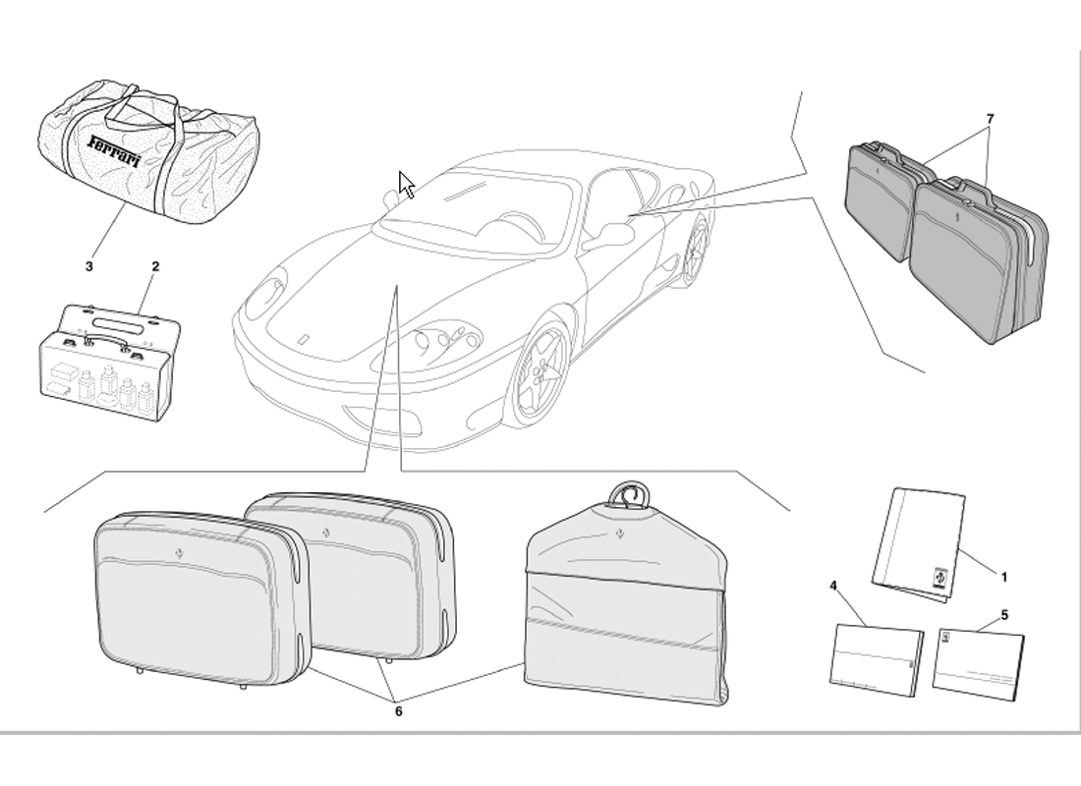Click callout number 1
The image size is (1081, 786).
point(1003,577)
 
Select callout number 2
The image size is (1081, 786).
point(155,266)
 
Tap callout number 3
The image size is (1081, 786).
point(88,266)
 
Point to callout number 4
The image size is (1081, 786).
point(832,586)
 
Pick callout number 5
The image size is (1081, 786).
point(1004,615)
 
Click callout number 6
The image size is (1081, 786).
point(398,711)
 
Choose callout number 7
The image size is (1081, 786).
point(990,119)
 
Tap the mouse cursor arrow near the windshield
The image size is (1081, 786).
point(406,185)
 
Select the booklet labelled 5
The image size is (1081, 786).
point(978,657)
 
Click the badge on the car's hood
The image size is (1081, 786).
point(304,339)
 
